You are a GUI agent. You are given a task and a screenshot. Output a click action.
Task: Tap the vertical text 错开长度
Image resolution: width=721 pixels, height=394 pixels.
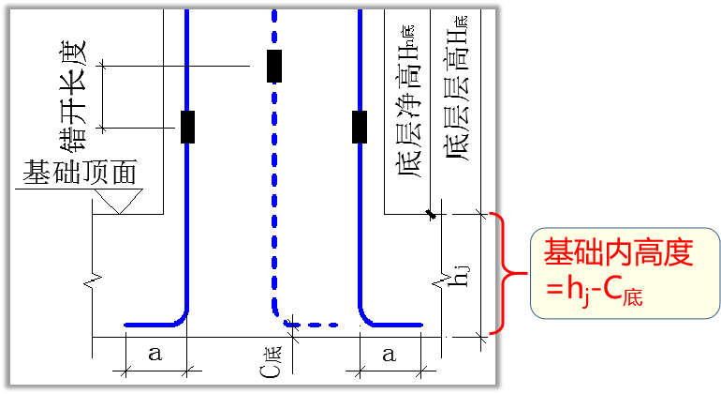tap(74, 95)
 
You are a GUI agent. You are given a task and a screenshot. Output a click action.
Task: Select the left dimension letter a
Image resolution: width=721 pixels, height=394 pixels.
tap(154, 355)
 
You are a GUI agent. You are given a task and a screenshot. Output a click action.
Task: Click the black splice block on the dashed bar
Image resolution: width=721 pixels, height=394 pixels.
tap(274, 67)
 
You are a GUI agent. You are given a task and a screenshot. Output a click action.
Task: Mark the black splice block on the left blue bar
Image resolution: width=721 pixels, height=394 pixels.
tap(188, 127)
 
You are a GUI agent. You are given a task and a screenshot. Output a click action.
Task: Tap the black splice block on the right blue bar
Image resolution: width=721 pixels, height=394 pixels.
tap(360, 127)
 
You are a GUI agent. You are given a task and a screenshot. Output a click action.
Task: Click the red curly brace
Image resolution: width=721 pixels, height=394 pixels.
tap(507, 273)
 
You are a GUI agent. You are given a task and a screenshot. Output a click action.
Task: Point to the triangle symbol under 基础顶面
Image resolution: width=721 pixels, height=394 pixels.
tap(118, 201)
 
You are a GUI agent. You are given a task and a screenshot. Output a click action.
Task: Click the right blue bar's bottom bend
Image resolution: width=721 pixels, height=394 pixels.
tap(369, 318)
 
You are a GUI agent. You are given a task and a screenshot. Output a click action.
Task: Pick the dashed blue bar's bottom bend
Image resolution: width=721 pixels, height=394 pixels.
tap(282, 319)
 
